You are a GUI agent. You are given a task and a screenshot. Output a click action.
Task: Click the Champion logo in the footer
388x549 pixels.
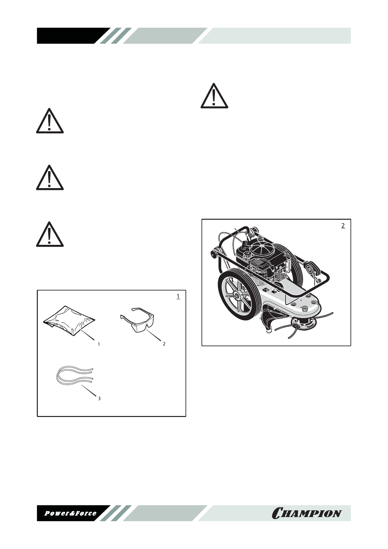306,513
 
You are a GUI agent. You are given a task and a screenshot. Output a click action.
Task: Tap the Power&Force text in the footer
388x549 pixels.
70,513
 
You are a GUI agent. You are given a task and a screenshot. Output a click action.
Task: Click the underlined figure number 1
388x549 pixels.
178,296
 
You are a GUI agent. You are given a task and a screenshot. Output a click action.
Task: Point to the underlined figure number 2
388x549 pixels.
343,225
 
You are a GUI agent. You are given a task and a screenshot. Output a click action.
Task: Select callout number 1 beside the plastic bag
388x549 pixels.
99,344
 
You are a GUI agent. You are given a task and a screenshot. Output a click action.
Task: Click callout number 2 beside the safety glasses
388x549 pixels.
164,344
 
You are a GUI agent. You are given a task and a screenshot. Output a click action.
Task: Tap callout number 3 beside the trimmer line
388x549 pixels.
99,398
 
